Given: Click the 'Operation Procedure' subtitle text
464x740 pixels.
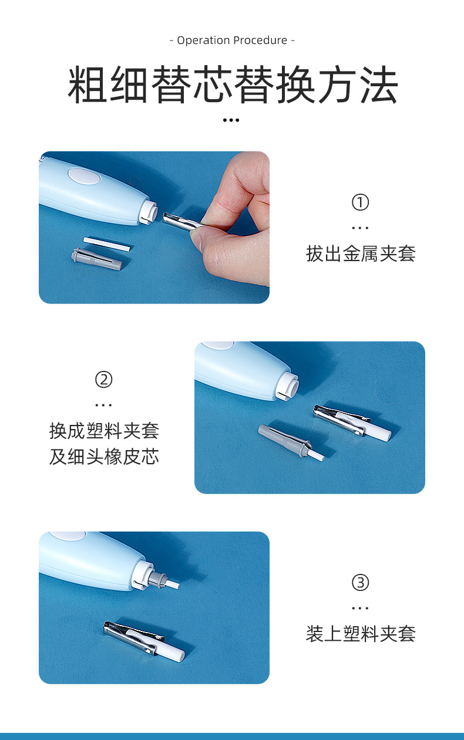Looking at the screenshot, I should click(232, 40).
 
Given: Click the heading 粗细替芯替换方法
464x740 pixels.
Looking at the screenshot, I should click(233, 86).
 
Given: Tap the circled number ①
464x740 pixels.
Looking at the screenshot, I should click(360, 202).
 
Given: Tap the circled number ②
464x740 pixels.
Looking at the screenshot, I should click(103, 380).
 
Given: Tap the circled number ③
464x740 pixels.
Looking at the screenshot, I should click(360, 583).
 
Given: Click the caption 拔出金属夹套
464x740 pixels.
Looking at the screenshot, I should click(360, 254).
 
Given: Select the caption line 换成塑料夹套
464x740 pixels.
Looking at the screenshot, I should click(104, 431).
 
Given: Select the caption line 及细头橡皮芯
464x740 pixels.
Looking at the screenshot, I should click(104, 457).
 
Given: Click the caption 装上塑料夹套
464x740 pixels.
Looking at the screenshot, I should click(360, 634).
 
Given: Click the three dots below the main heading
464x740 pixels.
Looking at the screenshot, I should click(231, 120).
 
